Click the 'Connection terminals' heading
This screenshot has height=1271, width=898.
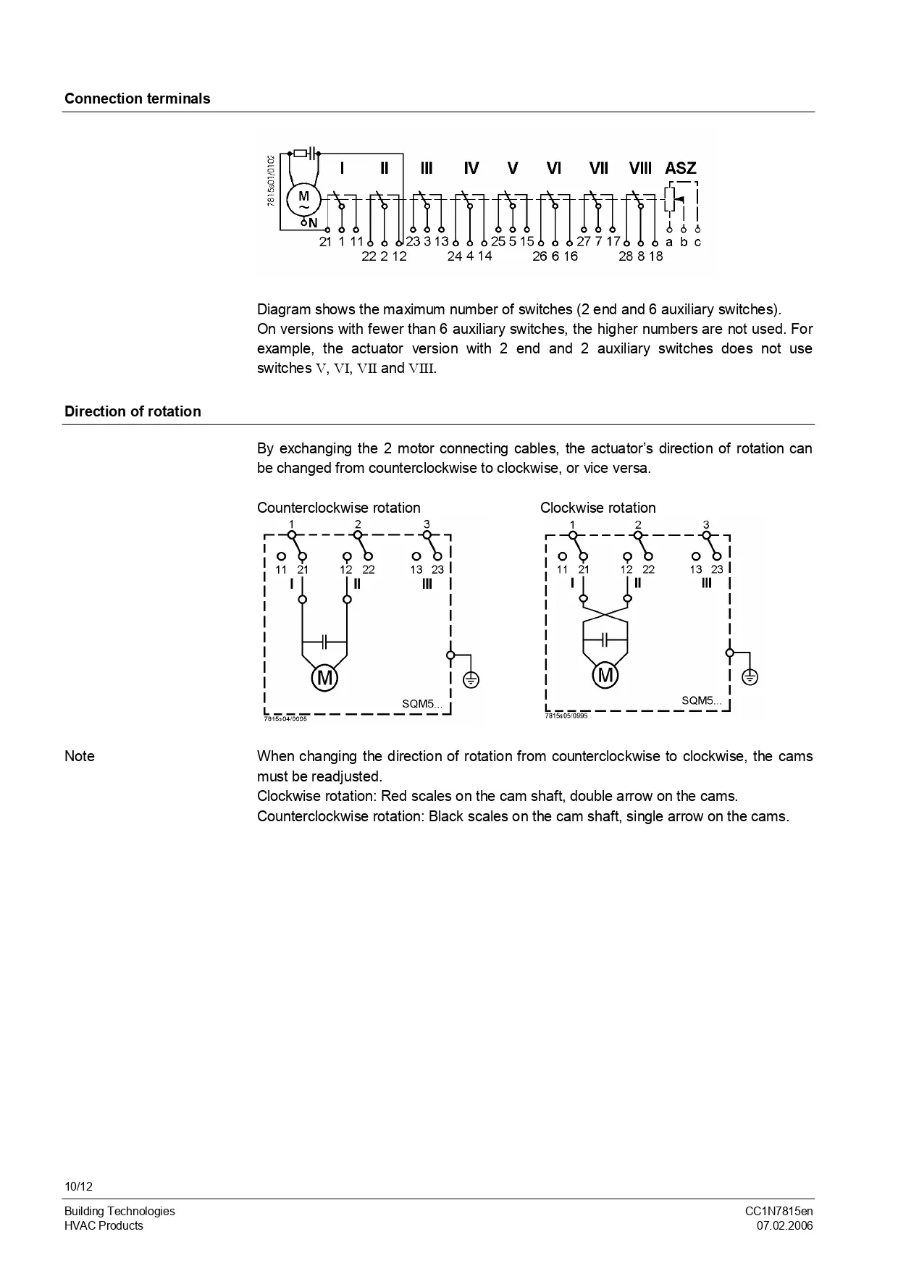[x=137, y=98]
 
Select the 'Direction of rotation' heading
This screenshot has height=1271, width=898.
[x=133, y=411]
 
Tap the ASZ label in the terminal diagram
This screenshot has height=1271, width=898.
[x=680, y=168]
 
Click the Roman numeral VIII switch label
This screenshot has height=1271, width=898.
[x=640, y=168]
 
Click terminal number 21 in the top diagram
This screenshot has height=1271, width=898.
[x=325, y=242]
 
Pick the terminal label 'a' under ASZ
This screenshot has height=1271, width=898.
[x=669, y=242]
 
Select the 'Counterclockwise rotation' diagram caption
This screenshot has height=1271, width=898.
[x=338, y=508]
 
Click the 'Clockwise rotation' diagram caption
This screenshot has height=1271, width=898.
[x=597, y=508]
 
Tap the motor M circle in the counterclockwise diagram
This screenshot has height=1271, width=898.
[x=325, y=679]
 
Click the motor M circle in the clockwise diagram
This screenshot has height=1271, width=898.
[x=605, y=676]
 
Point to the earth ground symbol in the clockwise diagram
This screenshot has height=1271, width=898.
[x=750, y=677]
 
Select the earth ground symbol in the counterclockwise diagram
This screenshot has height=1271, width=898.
[x=471, y=680]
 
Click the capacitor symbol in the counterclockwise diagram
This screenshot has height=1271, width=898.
[x=325, y=642]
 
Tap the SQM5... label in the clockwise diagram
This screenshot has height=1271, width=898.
[x=701, y=700]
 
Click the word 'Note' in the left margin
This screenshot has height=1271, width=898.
[x=80, y=756]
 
